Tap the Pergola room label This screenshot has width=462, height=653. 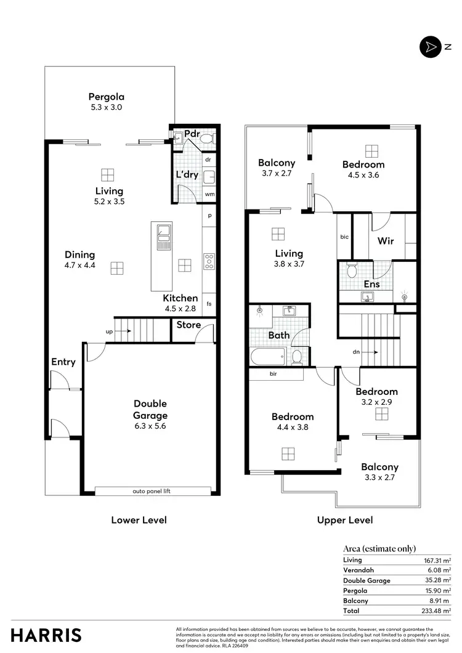point(107,96)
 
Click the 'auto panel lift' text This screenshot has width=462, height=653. point(151,492)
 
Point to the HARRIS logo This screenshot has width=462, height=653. point(46,635)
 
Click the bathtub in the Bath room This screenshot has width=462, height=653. point(267,356)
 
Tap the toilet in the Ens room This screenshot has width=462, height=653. point(352,270)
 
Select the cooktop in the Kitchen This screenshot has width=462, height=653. point(209,262)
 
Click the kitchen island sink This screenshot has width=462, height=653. point(164,235)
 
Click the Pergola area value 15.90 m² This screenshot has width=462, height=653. point(438,590)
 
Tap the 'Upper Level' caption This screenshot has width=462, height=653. point(345,520)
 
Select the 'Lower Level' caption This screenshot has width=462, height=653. point(139,520)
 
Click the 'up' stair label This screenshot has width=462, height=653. point(110,331)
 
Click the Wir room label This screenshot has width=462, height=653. point(386,240)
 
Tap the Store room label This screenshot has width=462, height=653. point(188,325)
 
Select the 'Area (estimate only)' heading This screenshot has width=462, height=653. point(379,548)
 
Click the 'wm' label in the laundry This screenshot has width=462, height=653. point(209,195)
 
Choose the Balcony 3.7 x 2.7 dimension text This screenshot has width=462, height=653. point(277,174)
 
